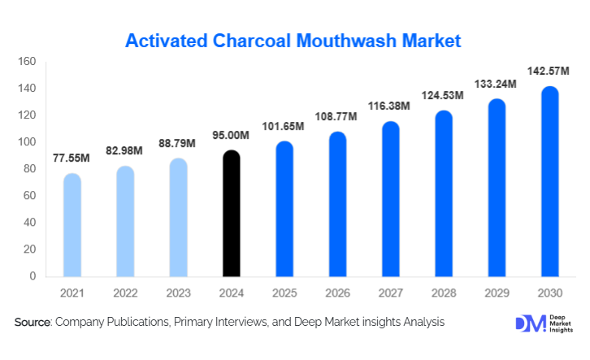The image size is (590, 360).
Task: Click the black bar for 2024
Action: (232, 213)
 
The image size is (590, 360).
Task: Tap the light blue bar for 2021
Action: (72, 225)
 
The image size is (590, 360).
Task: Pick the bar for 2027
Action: (390, 198)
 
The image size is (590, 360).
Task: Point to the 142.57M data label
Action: (549, 72)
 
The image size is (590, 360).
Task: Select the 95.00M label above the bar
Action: (232, 136)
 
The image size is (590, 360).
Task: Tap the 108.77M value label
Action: (337, 117)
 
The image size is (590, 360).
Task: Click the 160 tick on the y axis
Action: (27, 62)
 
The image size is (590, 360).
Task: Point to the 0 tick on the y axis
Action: (33, 276)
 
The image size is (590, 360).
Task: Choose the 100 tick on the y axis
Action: (27, 142)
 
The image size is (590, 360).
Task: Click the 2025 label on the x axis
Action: (284, 292)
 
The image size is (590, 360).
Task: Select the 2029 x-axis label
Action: (497, 292)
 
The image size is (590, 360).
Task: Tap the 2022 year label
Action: (125, 292)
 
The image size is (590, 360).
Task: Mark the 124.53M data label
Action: (443, 96)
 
